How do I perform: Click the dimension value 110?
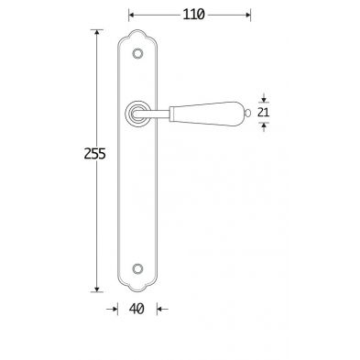click(x=193, y=15)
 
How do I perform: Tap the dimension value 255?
click(x=94, y=154)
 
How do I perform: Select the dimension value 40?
click(x=136, y=309)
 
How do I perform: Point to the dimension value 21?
click(x=263, y=113)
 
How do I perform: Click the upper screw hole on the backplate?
click(x=137, y=54)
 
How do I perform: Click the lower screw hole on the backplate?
click(x=138, y=268)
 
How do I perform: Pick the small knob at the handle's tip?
click(x=247, y=114)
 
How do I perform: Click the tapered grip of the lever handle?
click(x=208, y=114)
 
